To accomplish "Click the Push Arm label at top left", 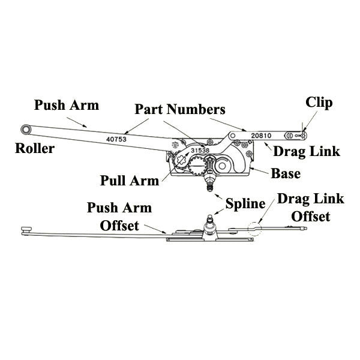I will tap(67, 106).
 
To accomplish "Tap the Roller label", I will tap(34, 149).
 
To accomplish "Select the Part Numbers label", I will tap(180, 110).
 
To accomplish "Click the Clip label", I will tap(319, 102).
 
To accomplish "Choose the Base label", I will tap(286, 174).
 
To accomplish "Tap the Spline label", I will tap(245, 203).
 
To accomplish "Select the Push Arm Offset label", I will tap(119, 217).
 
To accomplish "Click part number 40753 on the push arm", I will tap(117, 138).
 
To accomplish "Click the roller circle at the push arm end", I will tap(26, 129).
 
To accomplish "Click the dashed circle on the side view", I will tap(254, 227).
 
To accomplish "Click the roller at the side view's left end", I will tap(25, 229).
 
